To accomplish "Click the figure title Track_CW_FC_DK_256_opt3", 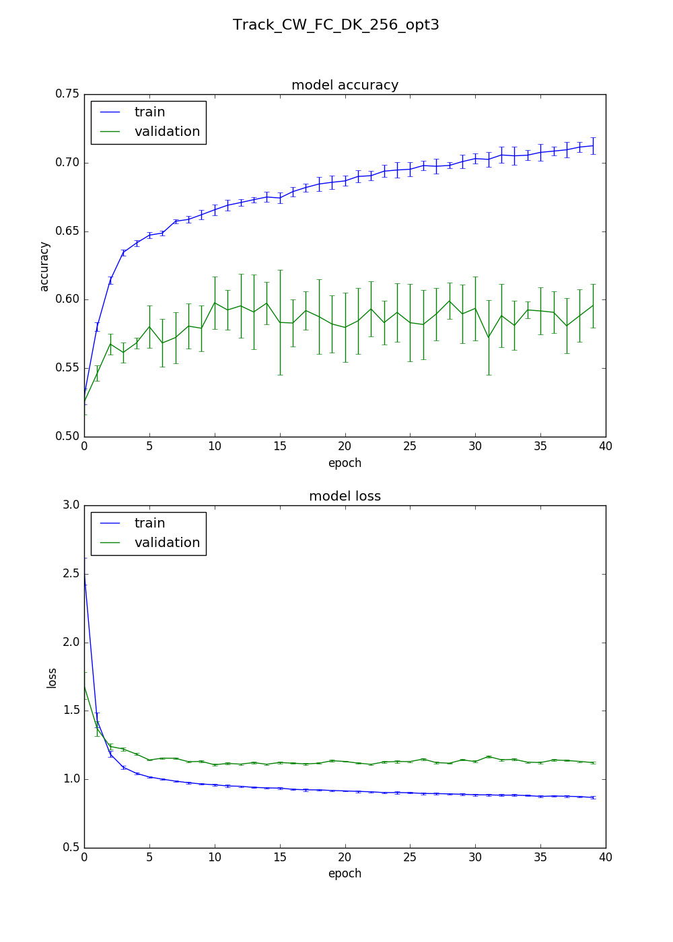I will click(x=336, y=25).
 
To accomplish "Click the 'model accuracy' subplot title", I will click(x=345, y=85).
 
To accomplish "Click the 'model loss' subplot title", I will click(x=345, y=496).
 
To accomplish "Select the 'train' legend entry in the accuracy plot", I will click(x=149, y=112).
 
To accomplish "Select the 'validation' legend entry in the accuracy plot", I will click(x=167, y=132).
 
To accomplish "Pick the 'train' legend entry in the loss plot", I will click(x=149, y=523).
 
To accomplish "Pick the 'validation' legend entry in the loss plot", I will click(x=167, y=543).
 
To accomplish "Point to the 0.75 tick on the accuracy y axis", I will click(x=67, y=94).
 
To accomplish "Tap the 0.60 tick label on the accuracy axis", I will click(x=67, y=299).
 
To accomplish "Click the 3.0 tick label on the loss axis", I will click(x=71, y=505).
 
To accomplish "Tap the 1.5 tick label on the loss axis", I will click(x=71, y=711).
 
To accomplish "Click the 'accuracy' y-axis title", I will click(x=44, y=266).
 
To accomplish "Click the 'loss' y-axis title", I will click(x=52, y=678).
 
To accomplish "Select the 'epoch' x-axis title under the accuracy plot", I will click(x=345, y=463).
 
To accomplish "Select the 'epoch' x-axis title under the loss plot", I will click(x=345, y=873).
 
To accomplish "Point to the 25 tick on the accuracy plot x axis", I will click(x=410, y=445).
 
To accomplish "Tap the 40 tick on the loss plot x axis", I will click(x=606, y=857).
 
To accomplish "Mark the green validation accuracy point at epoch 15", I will click(x=280, y=322).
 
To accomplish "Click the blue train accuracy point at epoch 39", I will click(x=593, y=145).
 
